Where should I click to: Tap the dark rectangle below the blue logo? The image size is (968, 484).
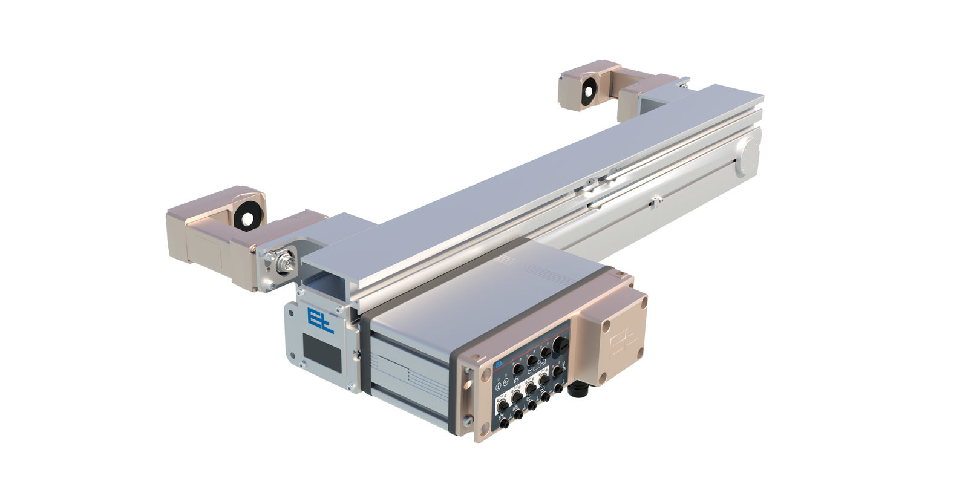[322, 352]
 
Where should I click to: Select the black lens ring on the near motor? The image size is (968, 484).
[247, 216]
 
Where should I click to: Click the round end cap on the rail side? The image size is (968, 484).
[748, 156]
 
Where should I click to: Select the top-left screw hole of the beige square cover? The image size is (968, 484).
[606, 326]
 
